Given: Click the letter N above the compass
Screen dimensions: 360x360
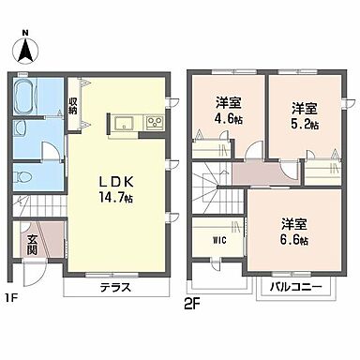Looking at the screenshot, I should [25, 33].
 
